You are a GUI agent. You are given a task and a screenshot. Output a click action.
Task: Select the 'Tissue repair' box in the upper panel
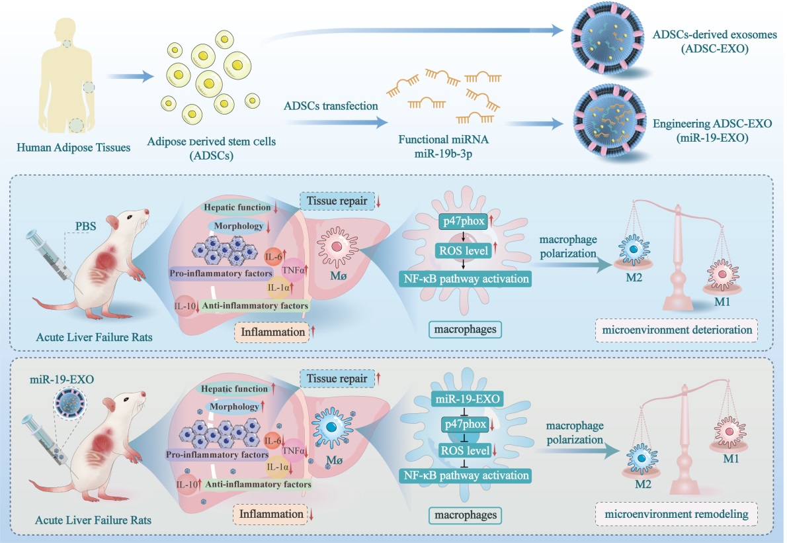coord(336,201)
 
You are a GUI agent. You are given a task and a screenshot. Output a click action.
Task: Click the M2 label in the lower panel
coord(642,483)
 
